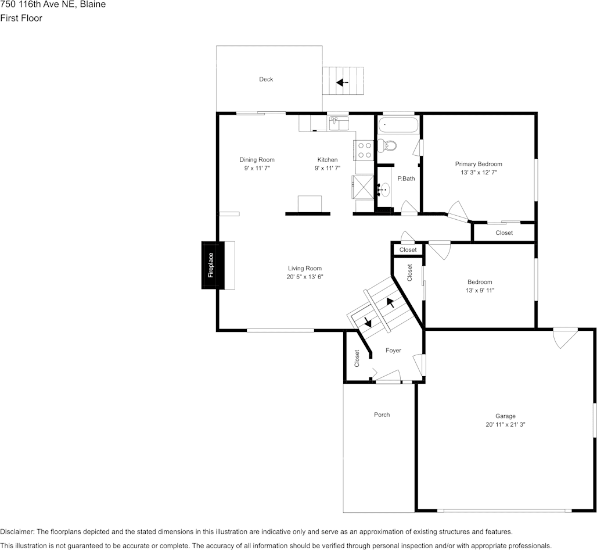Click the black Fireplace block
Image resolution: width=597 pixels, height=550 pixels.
[210, 265]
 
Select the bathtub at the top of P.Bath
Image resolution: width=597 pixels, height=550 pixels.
[398, 126]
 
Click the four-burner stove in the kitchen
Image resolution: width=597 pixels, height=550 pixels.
[364, 151]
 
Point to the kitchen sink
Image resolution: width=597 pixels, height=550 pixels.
[338, 123]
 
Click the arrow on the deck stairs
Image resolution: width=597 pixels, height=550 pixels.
[342, 83]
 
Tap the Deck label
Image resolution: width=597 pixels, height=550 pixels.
[266, 79]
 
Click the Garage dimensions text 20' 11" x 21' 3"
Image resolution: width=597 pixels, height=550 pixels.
[505, 424]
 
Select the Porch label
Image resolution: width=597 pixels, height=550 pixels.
[382, 415]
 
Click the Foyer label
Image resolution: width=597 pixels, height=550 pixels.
[393, 351]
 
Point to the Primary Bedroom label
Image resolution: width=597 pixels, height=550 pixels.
[479, 164]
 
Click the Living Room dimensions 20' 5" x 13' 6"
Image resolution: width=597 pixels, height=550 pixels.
[304, 277]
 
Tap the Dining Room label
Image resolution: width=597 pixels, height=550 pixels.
[257, 160]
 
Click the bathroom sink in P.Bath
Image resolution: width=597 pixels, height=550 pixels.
[383, 190]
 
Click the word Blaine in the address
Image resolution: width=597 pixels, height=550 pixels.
[93, 5]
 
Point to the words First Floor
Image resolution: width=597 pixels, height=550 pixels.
[21, 18]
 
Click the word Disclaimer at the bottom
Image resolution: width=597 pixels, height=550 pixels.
[17, 531]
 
